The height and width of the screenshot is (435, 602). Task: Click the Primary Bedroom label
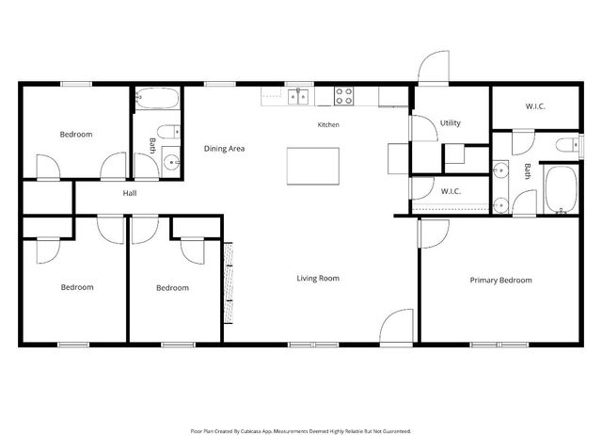pyautogui.click(x=500, y=281)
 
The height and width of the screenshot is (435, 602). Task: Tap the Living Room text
pyautogui.click(x=318, y=278)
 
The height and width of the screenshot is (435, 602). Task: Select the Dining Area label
pyautogui.click(x=224, y=149)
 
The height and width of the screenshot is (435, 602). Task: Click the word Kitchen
pyautogui.click(x=328, y=124)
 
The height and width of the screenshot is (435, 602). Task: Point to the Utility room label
pyautogui.click(x=450, y=123)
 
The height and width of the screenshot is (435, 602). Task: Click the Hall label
pyautogui.click(x=130, y=193)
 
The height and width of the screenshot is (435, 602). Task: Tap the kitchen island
pyautogui.click(x=313, y=166)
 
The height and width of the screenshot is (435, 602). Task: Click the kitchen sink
pyautogui.click(x=298, y=96)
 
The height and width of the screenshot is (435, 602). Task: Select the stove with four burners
pyautogui.click(x=343, y=96)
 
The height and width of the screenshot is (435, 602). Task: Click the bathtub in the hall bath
pyautogui.click(x=157, y=98)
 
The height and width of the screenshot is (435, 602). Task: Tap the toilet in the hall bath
pyautogui.click(x=168, y=132)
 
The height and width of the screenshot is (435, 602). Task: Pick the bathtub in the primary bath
pyautogui.click(x=562, y=189)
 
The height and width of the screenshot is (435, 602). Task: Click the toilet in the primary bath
pyautogui.click(x=568, y=145)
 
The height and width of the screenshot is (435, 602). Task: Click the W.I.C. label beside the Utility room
pyautogui.click(x=535, y=106)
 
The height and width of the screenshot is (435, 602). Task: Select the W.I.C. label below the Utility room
pyautogui.click(x=451, y=191)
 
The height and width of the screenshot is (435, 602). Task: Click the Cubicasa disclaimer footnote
pyautogui.click(x=301, y=431)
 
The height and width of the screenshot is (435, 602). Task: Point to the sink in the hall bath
pyautogui.click(x=171, y=162)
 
